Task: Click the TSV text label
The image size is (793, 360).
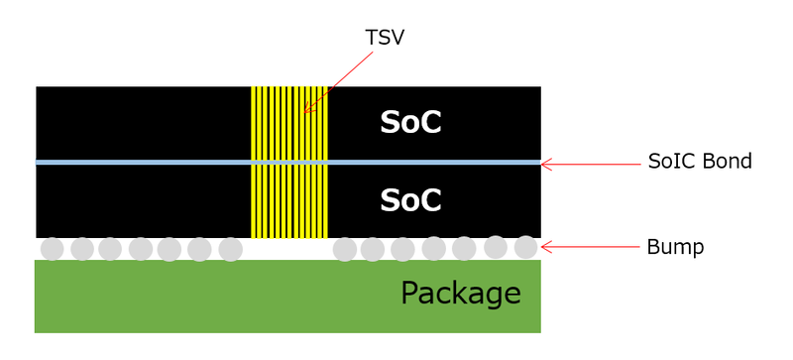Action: click(386, 38)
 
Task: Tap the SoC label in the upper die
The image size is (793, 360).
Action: click(410, 123)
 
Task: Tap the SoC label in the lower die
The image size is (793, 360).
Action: click(410, 200)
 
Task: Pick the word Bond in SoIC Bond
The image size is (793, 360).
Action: click(729, 162)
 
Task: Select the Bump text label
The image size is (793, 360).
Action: click(675, 247)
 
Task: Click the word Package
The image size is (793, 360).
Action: click(460, 294)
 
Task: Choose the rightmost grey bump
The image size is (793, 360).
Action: click(526, 247)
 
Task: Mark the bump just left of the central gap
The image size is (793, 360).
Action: click(230, 249)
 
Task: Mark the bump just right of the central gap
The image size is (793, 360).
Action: click(345, 249)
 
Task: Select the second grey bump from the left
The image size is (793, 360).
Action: click(82, 249)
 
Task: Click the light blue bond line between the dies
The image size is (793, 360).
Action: click(149, 162)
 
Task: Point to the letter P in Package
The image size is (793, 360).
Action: click(410, 294)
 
